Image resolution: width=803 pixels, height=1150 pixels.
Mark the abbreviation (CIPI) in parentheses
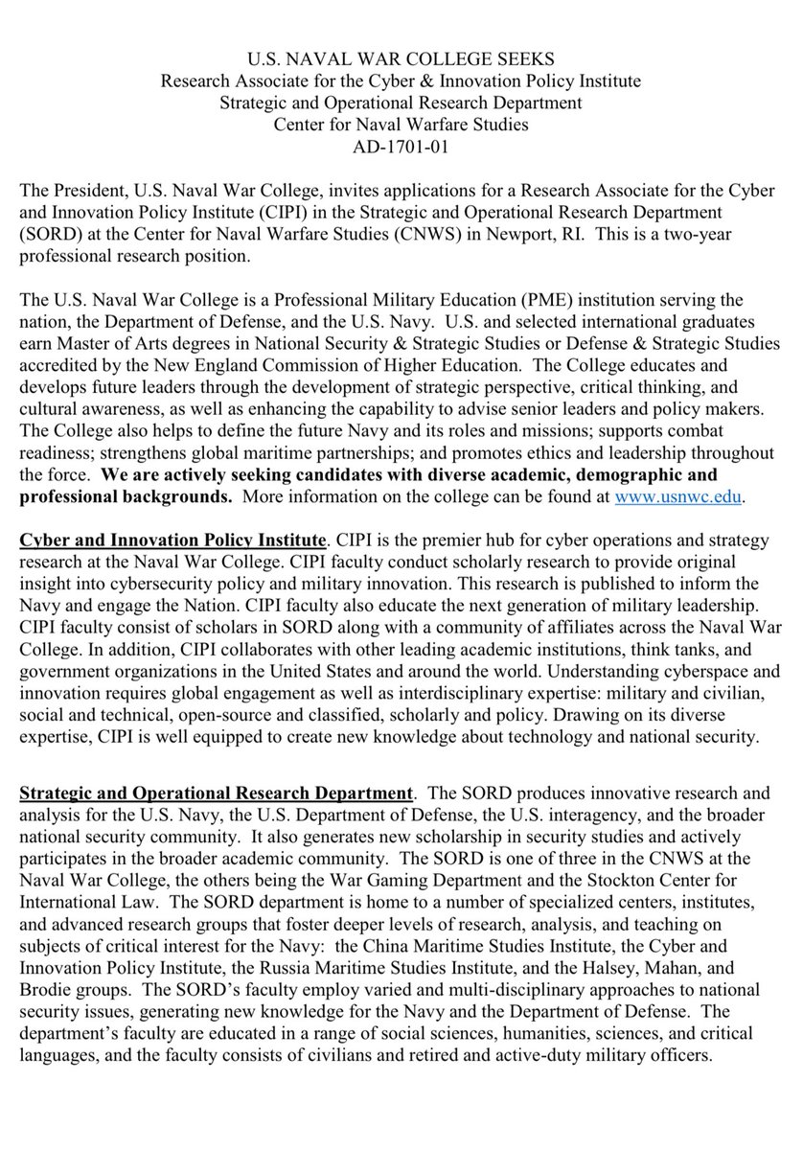[x=288, y=205]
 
